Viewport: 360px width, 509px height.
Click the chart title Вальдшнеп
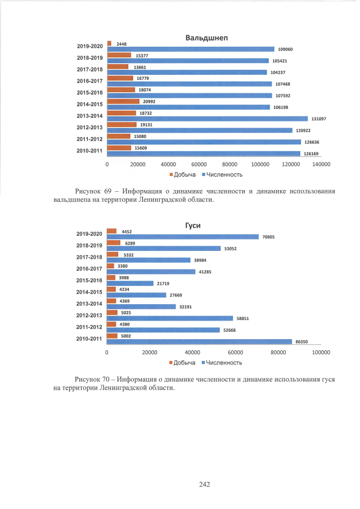pyautogui.click(x=210, y=38)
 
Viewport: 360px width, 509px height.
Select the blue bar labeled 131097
pyautogui.click(x=207, y=119)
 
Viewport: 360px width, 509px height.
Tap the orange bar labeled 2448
pyautogui.click(x=109, y=43)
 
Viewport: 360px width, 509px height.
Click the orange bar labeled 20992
pyautogui.click(x=123, y=101)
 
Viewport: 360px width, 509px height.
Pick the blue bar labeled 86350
pyautogui.click(x=199, y=341)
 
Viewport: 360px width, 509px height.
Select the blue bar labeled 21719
pyautogui.click(x=130, y=283)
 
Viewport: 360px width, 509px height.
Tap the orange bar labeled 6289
pyautogui.click(x=114, y=243)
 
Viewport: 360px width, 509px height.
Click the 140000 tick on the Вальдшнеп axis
pyautogui.click(x=321, y=164)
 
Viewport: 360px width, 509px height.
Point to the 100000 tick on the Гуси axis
pyautogui.click(x=321, y=352)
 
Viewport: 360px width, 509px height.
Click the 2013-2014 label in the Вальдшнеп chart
pyautogui.click(x=89, y=116)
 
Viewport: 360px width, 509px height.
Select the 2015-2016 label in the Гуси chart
pyautogui.click(x=89, y=280)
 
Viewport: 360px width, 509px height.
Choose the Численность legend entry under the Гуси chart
pyautogui.click(x=220, y=362)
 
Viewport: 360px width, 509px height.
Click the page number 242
pyautogui.click(x=204, y=484)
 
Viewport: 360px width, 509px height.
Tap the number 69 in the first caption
pyautogui.click(x=109, y=191)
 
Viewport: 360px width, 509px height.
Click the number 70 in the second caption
pyautogui.click(x=108, y=379)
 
